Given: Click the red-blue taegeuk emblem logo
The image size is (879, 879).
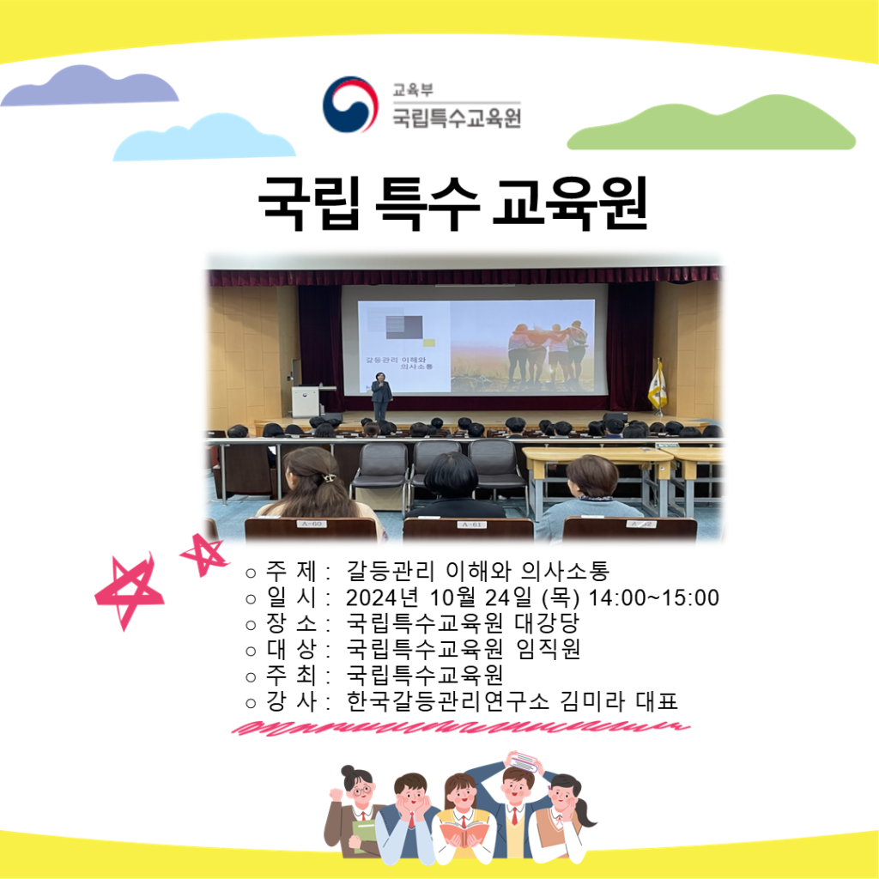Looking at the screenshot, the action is (350, 104).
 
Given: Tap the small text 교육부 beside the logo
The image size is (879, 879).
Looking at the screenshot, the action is (413, 89).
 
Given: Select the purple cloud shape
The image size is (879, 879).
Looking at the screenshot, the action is (89, 86).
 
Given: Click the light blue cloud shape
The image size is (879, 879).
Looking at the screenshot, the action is (204, 137).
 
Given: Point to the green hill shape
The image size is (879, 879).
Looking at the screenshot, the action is (712, 124).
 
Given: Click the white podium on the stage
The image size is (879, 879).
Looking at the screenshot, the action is (306, 400).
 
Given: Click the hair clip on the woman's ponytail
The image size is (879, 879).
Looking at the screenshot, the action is (328, 478).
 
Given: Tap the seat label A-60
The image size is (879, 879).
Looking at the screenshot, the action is (311, 524).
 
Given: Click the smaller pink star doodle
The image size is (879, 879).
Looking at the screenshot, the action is (203, 554).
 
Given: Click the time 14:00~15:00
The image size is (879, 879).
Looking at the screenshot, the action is (653, 598).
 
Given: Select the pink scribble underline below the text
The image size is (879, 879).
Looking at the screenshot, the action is (461, 728).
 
